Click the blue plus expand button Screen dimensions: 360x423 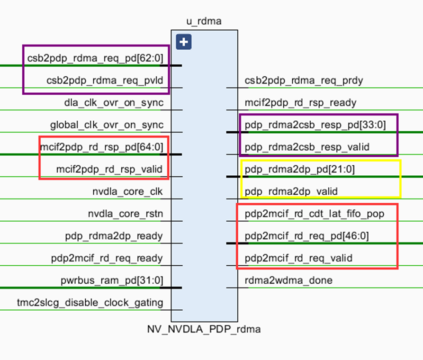(x=183, y=43)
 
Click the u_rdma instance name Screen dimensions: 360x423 (x=204, y=21)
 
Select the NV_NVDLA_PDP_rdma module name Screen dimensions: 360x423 (x=204, y=329)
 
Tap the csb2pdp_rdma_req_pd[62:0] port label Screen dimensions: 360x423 (x=95, y=58)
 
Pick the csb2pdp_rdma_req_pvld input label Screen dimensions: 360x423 (x=105, y=81)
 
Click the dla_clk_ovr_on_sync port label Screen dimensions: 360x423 (x=114, y=103)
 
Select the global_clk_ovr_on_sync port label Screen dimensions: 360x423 (x=107, y=125)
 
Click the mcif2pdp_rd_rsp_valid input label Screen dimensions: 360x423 (x=109, y=169)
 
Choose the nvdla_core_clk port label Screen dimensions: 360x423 (x=128, y=191)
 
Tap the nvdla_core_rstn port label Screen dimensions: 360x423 (x=126, y=214)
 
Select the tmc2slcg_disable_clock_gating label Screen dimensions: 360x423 (x=90, y=302)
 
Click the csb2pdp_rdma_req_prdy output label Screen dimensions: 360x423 (x=304, y=81)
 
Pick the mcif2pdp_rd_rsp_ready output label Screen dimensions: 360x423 (x=301, y=103)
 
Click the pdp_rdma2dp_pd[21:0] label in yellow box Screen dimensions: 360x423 (x=299, y=169)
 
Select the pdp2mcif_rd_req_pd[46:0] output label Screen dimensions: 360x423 (x=306, y=236)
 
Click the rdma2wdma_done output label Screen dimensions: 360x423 (x=288, y=280)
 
